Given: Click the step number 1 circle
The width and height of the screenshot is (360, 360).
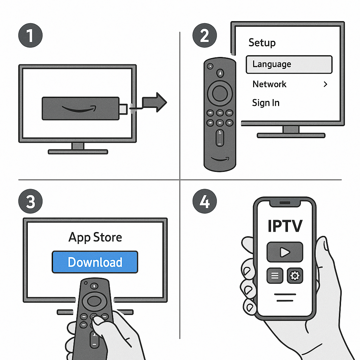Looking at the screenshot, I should click(x=30, y=36).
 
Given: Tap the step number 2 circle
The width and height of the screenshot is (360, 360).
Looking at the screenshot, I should click(x=205, y=36).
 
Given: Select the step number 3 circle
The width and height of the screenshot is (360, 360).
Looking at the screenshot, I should click(x=30, y=202).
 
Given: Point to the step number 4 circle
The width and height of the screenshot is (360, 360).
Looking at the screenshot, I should click(x=205, y=202).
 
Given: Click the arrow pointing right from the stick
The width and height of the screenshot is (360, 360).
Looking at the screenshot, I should click(x=155, y=102).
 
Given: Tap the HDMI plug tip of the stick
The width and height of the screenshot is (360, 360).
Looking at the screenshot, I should click(x=123, y=109).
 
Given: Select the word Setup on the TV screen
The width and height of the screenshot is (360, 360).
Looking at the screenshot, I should click(x=262, y=43).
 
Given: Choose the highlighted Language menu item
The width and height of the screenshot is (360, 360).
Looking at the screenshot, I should click(x=289, y=64).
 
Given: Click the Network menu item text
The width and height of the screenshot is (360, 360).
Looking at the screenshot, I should click(x=270, y=84).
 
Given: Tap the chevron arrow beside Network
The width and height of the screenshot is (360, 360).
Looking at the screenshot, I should click(x=325, y=84).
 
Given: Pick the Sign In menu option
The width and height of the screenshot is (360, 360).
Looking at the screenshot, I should click(x=266, y=103).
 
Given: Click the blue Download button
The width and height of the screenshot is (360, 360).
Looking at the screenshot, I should click(x=95, y=262).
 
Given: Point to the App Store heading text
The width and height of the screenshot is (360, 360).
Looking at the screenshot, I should click(x=95, y=237).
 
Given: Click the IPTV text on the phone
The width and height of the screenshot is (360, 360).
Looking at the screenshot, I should click(x=285, y=226).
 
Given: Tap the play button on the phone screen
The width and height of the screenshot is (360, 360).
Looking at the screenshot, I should click(x=285, y=252).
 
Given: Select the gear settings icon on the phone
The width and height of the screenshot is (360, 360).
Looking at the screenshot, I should click(x=295, y=276).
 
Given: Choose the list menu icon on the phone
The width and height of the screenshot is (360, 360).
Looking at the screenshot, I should click(x=275, y=276).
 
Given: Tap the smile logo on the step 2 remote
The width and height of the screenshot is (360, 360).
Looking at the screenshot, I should click(x=220, y=159).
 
